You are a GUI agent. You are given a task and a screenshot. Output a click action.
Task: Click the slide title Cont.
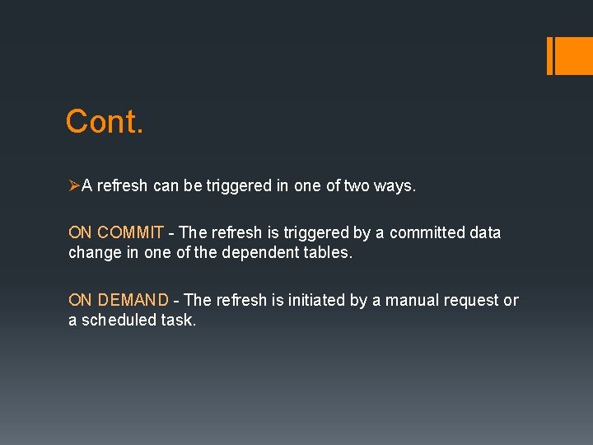point(105,122)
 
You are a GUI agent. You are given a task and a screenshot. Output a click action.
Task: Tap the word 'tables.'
point(326,253)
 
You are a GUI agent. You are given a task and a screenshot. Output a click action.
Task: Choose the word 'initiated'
point(316,301)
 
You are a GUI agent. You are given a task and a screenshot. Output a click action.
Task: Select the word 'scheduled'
point(115,321)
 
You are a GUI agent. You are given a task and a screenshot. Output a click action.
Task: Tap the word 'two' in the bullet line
point(357,186)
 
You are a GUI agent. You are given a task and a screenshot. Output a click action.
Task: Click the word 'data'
point(485,233)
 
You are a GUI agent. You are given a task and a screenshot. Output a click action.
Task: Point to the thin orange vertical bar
point(549,55)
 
